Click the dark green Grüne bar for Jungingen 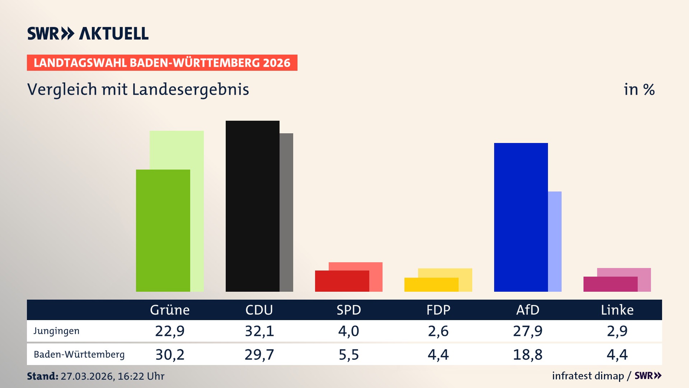[163, 230]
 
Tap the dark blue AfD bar [521, 217]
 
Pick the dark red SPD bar [342, 281]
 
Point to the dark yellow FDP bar [431, 285]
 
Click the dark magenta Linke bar [610, 284]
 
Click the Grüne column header [170, 310]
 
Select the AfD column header [528, 310]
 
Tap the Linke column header [617, 310]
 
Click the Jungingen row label [57, 331]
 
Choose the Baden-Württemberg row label [79, 355]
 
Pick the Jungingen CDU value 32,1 [259, 331]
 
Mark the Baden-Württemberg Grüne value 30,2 [170, 355]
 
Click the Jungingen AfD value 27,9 [528, 331]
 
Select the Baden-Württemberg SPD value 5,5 [349, 355]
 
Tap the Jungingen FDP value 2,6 [438, 331]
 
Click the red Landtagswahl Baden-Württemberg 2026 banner [162, 63]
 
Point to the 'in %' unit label [639, 89]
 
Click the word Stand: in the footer [42, 376]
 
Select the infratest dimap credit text [588, 376]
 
